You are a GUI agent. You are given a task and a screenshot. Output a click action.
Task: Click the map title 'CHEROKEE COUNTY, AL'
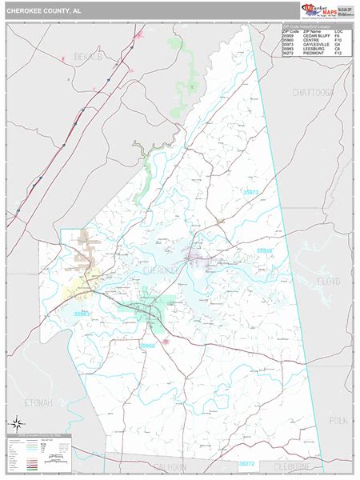[x=43, y=11]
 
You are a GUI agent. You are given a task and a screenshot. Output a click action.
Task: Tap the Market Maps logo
[x=318, y=10]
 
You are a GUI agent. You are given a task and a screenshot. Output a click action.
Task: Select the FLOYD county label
[x=328, y=282]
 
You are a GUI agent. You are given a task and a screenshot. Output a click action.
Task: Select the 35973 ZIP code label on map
[x=251, y=192]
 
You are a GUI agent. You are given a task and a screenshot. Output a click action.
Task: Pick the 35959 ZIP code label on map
[x=265, y=251]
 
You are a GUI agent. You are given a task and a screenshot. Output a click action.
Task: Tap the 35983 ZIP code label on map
[x=81, y=303]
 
